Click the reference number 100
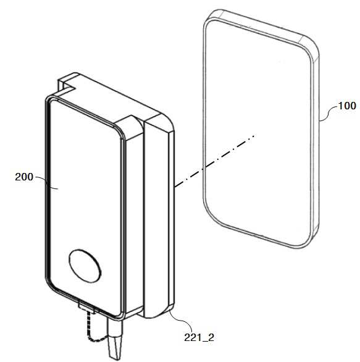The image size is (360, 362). (x=347, y=106)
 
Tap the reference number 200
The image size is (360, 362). (x=24, y=177)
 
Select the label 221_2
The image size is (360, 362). (x=199, y=338)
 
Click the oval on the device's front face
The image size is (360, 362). (x=85, y=266)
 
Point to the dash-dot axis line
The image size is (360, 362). (x=215, y=161)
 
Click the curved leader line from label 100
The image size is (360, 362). (x=328, y=114)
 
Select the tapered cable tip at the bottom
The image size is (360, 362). (x=115, y=347)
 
